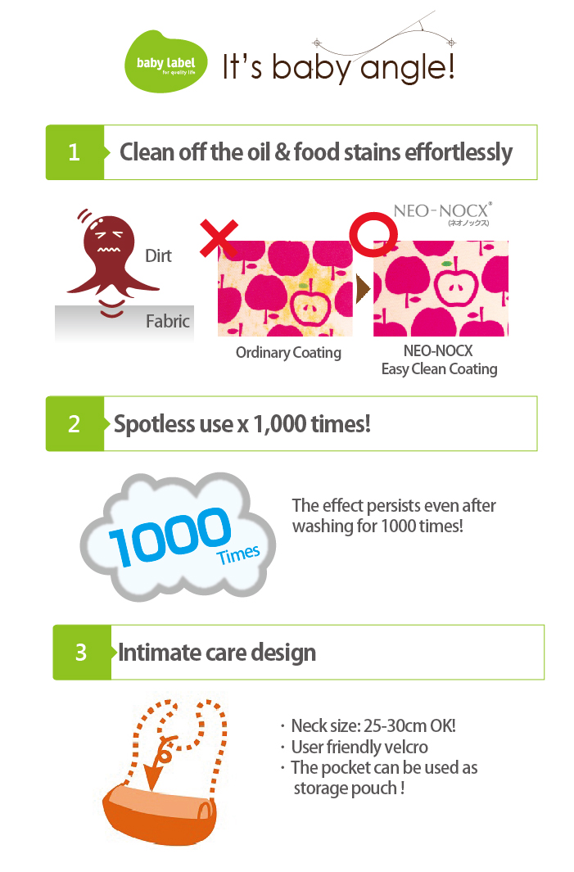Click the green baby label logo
165,61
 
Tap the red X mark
219,238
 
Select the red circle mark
373,233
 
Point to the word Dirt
158,255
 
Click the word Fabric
167,321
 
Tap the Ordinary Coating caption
288,353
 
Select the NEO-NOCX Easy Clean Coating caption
439,359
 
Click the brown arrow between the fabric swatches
363,288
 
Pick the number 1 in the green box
74,152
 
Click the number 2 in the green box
74,424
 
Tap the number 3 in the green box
81,653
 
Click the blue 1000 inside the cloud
169,536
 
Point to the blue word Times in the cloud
238,554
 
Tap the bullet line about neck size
368,725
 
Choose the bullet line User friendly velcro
355,747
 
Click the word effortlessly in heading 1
459,152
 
